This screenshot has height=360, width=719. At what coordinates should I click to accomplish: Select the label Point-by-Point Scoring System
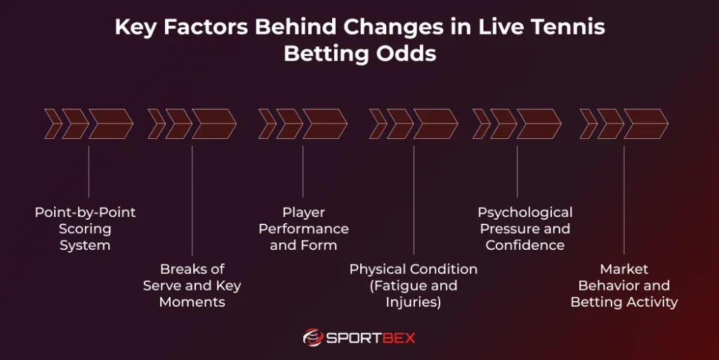(x=85, y=229)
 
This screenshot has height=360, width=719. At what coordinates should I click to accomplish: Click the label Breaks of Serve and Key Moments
(x=192, y=286)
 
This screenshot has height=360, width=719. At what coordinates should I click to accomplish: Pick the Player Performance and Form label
(x=303, y=229)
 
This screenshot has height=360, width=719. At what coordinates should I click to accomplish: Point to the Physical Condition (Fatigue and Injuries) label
(x=413, y=286)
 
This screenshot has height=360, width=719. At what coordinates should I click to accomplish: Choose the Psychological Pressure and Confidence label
(x=525, y=229)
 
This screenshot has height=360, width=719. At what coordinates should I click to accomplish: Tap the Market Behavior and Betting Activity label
(x=624, y=286)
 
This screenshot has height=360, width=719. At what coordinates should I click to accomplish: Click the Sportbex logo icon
(x=313, y=338)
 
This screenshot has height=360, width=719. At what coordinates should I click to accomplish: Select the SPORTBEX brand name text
(x=371, y=338)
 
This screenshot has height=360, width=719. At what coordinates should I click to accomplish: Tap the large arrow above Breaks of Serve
(x=214, y=124)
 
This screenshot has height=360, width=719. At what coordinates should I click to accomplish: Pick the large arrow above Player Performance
(x=324, y=124)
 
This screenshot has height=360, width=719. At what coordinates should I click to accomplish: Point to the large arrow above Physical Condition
(x=435, y=124)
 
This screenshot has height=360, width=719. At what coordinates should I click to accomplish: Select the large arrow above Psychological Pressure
(x=539, y=124)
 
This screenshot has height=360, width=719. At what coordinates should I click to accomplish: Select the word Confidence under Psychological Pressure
(x=525, y=246)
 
